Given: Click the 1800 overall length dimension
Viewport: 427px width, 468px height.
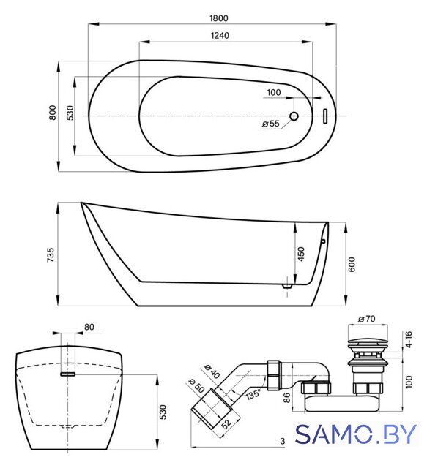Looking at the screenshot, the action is [x=219, y=18].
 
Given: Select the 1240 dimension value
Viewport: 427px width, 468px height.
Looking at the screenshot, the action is [x=220, y=36].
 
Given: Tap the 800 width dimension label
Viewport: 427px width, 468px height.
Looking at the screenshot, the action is [x=52, y=113].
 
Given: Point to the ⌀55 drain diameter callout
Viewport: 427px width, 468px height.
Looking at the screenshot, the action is [x=270, y=124].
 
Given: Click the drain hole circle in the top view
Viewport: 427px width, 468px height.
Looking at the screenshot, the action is [x=294, y=116].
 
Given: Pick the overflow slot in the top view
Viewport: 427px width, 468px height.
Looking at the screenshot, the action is [x=325, y=116].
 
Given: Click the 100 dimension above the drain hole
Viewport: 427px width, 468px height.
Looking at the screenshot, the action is [x=274, y=93].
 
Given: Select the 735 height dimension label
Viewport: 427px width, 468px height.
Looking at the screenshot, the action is [x=51, y=255].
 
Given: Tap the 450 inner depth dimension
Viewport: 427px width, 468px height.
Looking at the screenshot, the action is [x=301, y=254].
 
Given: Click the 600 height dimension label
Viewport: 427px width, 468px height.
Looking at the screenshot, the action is [x=352, y=265].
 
